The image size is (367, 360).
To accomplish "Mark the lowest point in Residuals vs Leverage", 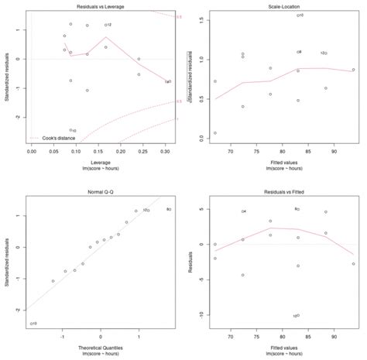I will click(71, 131).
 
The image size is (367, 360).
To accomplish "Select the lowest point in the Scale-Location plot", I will click(214, 133).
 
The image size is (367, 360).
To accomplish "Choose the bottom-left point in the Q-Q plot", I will click(32, 323).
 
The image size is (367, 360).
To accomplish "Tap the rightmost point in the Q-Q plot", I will click(168, 209).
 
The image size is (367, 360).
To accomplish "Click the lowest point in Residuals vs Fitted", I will click(295, 316).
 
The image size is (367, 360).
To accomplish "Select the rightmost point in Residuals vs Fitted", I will click(353, 263).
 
